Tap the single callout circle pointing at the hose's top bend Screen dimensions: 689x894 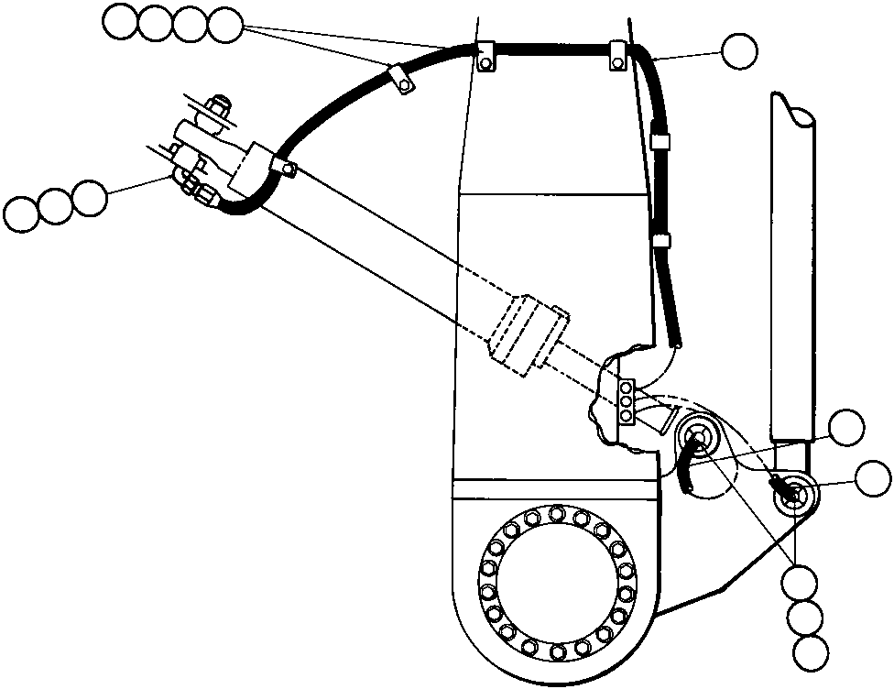click(x=739, y=51)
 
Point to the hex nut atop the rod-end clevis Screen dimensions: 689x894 click(x=218, y=109)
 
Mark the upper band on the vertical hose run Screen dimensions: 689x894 click(x=658, y=141)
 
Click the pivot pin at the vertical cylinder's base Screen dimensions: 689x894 click(x=793, y=494)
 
